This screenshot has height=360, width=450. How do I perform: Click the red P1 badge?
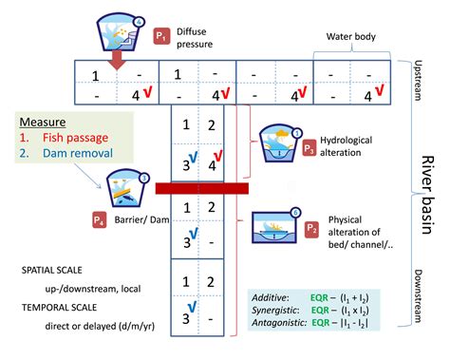click(x=161, y=37)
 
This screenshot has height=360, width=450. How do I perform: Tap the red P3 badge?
click(x=309, y=148)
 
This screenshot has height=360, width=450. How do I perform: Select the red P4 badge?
click(x=99, y=220)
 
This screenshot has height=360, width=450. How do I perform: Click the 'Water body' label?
click(x=353, y=37)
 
